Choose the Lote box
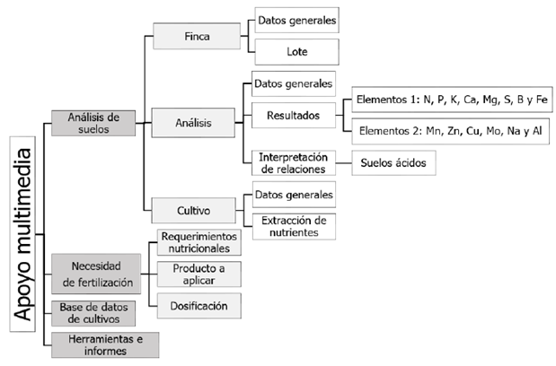coord(296,50)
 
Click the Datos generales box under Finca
coord(296,19)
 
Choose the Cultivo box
coord(195,211)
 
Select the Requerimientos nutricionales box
coord(199,242)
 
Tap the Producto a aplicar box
coord(199,274)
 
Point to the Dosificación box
coord(199,306)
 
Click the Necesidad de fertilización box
coord(96,274)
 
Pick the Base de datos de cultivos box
coord(96,314)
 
